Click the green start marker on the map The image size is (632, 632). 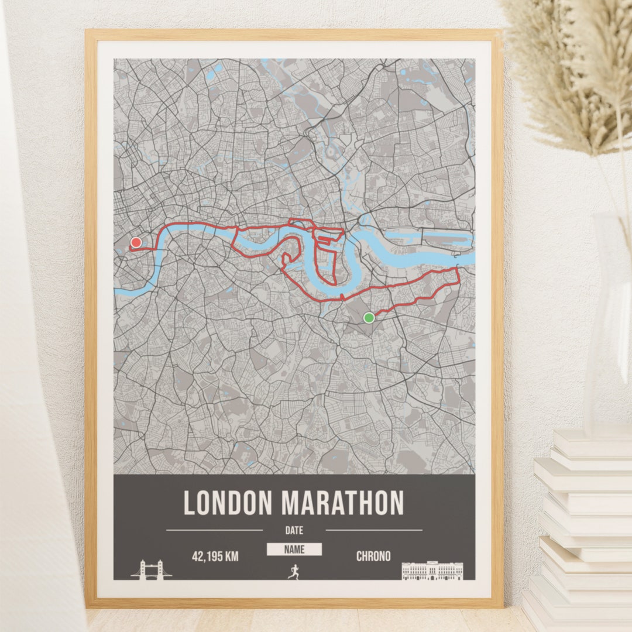[x=369, y=318]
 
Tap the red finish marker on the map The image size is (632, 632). [x=136, y=242]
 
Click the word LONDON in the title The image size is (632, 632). [x=228, y=503]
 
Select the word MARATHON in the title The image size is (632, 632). [x=342, y=503]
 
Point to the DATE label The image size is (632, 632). [x=294, y=531]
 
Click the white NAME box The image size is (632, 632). [x=294, y=549]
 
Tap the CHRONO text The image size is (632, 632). [x=373, y=557]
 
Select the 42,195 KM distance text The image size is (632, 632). [x=215, y=557]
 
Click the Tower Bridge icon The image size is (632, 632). [x=151, y=569]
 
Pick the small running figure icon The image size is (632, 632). [x=294, y=571]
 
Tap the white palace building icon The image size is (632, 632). [x=432, y=571]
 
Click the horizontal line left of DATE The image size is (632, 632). [x=214, y=530]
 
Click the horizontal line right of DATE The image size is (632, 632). [x=373, y=530]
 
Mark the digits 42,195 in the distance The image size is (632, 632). [x=207, y=557]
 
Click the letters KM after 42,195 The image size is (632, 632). [x=231, y=557]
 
